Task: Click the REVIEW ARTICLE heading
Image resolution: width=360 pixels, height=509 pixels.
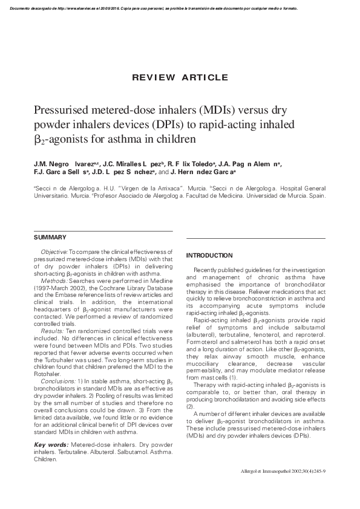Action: click(179, 77)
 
